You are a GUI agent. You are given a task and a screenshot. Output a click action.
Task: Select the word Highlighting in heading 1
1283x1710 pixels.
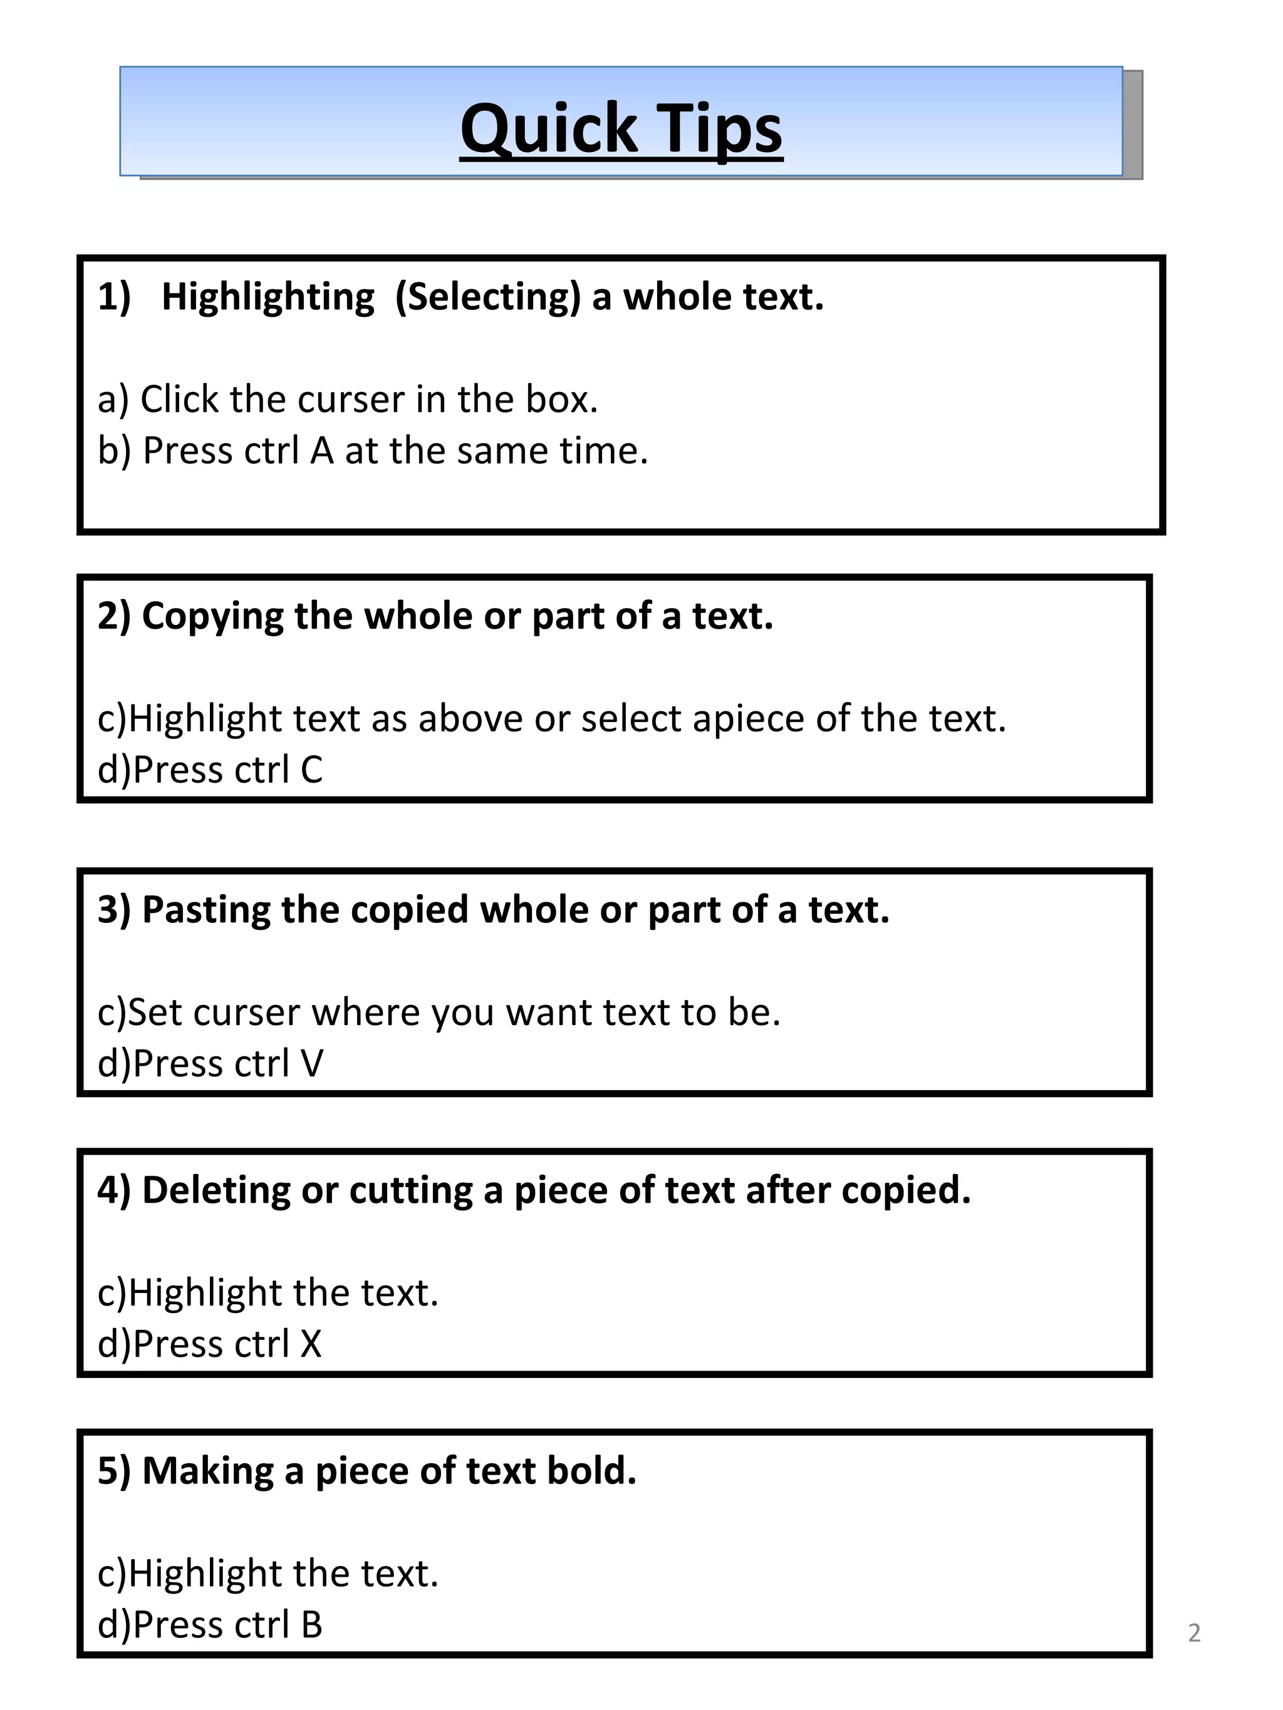coord(268,297)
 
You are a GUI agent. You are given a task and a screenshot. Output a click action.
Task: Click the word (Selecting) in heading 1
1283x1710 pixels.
coord(487,297)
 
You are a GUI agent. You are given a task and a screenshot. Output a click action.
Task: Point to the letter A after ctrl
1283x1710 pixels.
coord(322,451)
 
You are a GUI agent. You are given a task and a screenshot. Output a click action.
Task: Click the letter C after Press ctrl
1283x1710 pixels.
coord(311,770)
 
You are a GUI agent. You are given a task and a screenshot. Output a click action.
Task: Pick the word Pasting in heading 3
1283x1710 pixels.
coord(205,910)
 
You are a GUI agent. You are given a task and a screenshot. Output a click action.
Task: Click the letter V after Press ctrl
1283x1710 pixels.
coord(311,1064)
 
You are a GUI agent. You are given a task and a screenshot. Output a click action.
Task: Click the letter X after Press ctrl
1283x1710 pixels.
coord(311,1344)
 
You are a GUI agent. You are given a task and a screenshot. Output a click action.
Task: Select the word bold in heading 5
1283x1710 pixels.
coord(590,1470)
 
